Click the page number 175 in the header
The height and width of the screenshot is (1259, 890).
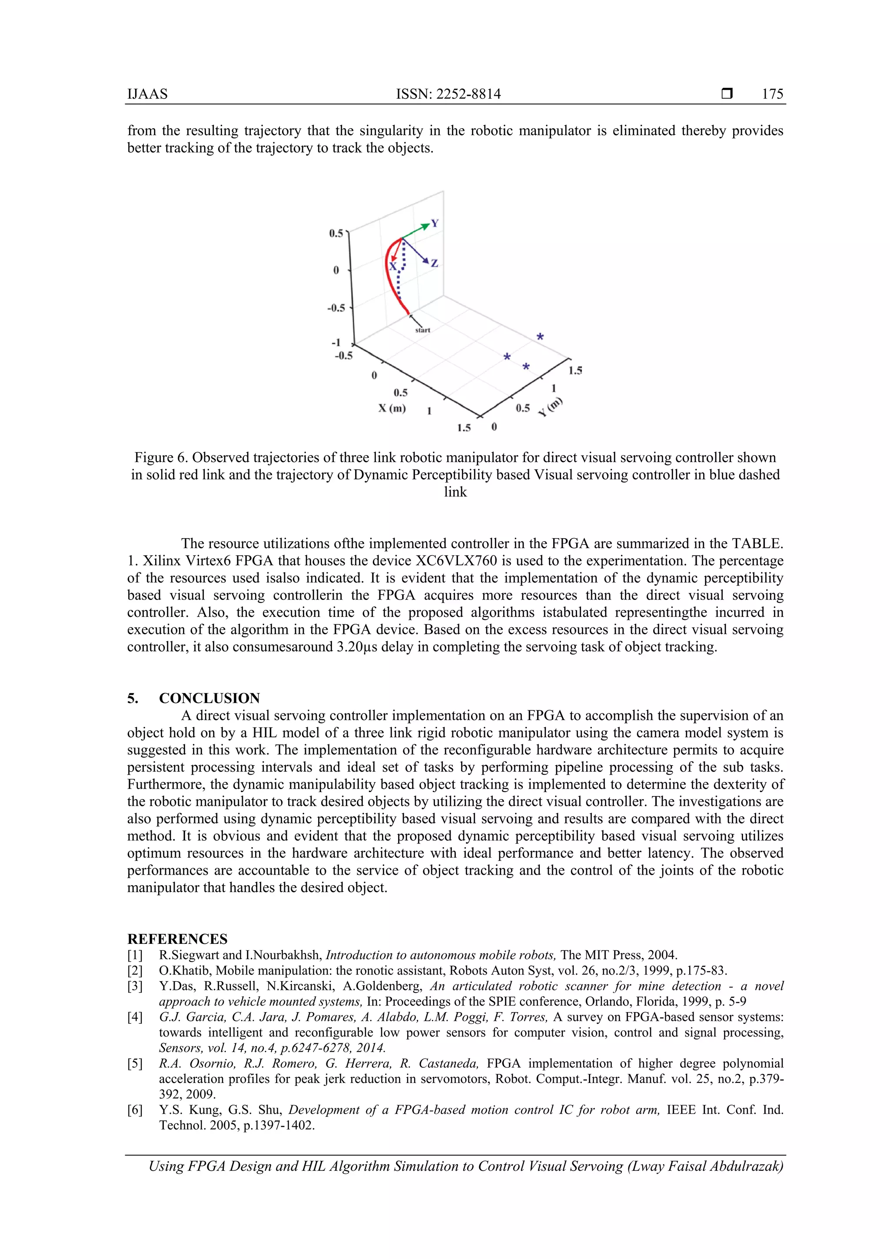tap(772, 94)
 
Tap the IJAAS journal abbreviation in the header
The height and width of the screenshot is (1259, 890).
tap(147, 94)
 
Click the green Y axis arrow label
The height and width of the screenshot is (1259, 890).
tap(435, 223)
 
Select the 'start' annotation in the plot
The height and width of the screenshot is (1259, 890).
tap(422, 330)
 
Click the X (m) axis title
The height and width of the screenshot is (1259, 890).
tap(392, 409)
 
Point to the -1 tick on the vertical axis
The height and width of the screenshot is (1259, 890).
tap(336, 343)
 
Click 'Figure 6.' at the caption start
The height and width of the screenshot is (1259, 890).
tap(161, 458)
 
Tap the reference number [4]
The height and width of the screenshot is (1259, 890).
tap(135, 1017)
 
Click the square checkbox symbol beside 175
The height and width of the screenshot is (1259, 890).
tap(727, 94)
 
